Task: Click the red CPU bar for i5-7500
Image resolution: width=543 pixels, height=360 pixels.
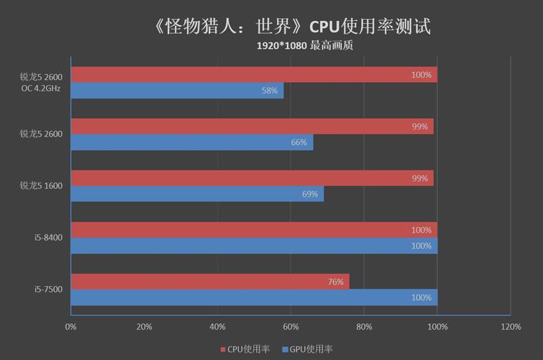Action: (210, 281)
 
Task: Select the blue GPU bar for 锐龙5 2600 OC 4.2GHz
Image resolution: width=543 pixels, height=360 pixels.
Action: (177, 90)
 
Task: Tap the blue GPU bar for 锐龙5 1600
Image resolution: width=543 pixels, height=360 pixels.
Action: (197, 194)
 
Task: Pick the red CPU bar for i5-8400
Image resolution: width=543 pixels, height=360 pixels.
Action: (254, 230)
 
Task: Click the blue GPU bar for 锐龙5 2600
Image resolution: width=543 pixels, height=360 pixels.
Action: (192, 143)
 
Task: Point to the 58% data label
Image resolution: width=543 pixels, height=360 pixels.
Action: (269, 91)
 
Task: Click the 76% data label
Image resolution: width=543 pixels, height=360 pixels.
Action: (335, 282)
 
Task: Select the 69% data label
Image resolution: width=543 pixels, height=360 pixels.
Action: (310, 195)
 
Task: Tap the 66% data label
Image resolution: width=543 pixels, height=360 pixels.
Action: (299, 143)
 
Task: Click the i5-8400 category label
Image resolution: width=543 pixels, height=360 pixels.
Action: (48, 238)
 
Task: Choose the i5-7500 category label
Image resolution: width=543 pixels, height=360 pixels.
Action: (48, 290)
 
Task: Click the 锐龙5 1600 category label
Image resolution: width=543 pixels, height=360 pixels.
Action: (41, 185)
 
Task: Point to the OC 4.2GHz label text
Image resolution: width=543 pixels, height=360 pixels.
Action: (42, 88)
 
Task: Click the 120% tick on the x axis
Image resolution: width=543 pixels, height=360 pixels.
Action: (510, 327)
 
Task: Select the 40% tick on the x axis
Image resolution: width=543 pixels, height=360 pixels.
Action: (217, 327)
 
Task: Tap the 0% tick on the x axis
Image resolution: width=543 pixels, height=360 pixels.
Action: (71, 327)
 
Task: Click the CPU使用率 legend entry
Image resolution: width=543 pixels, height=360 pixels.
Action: (245, 349)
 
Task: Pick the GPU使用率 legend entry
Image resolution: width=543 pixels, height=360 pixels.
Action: (307, 349)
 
